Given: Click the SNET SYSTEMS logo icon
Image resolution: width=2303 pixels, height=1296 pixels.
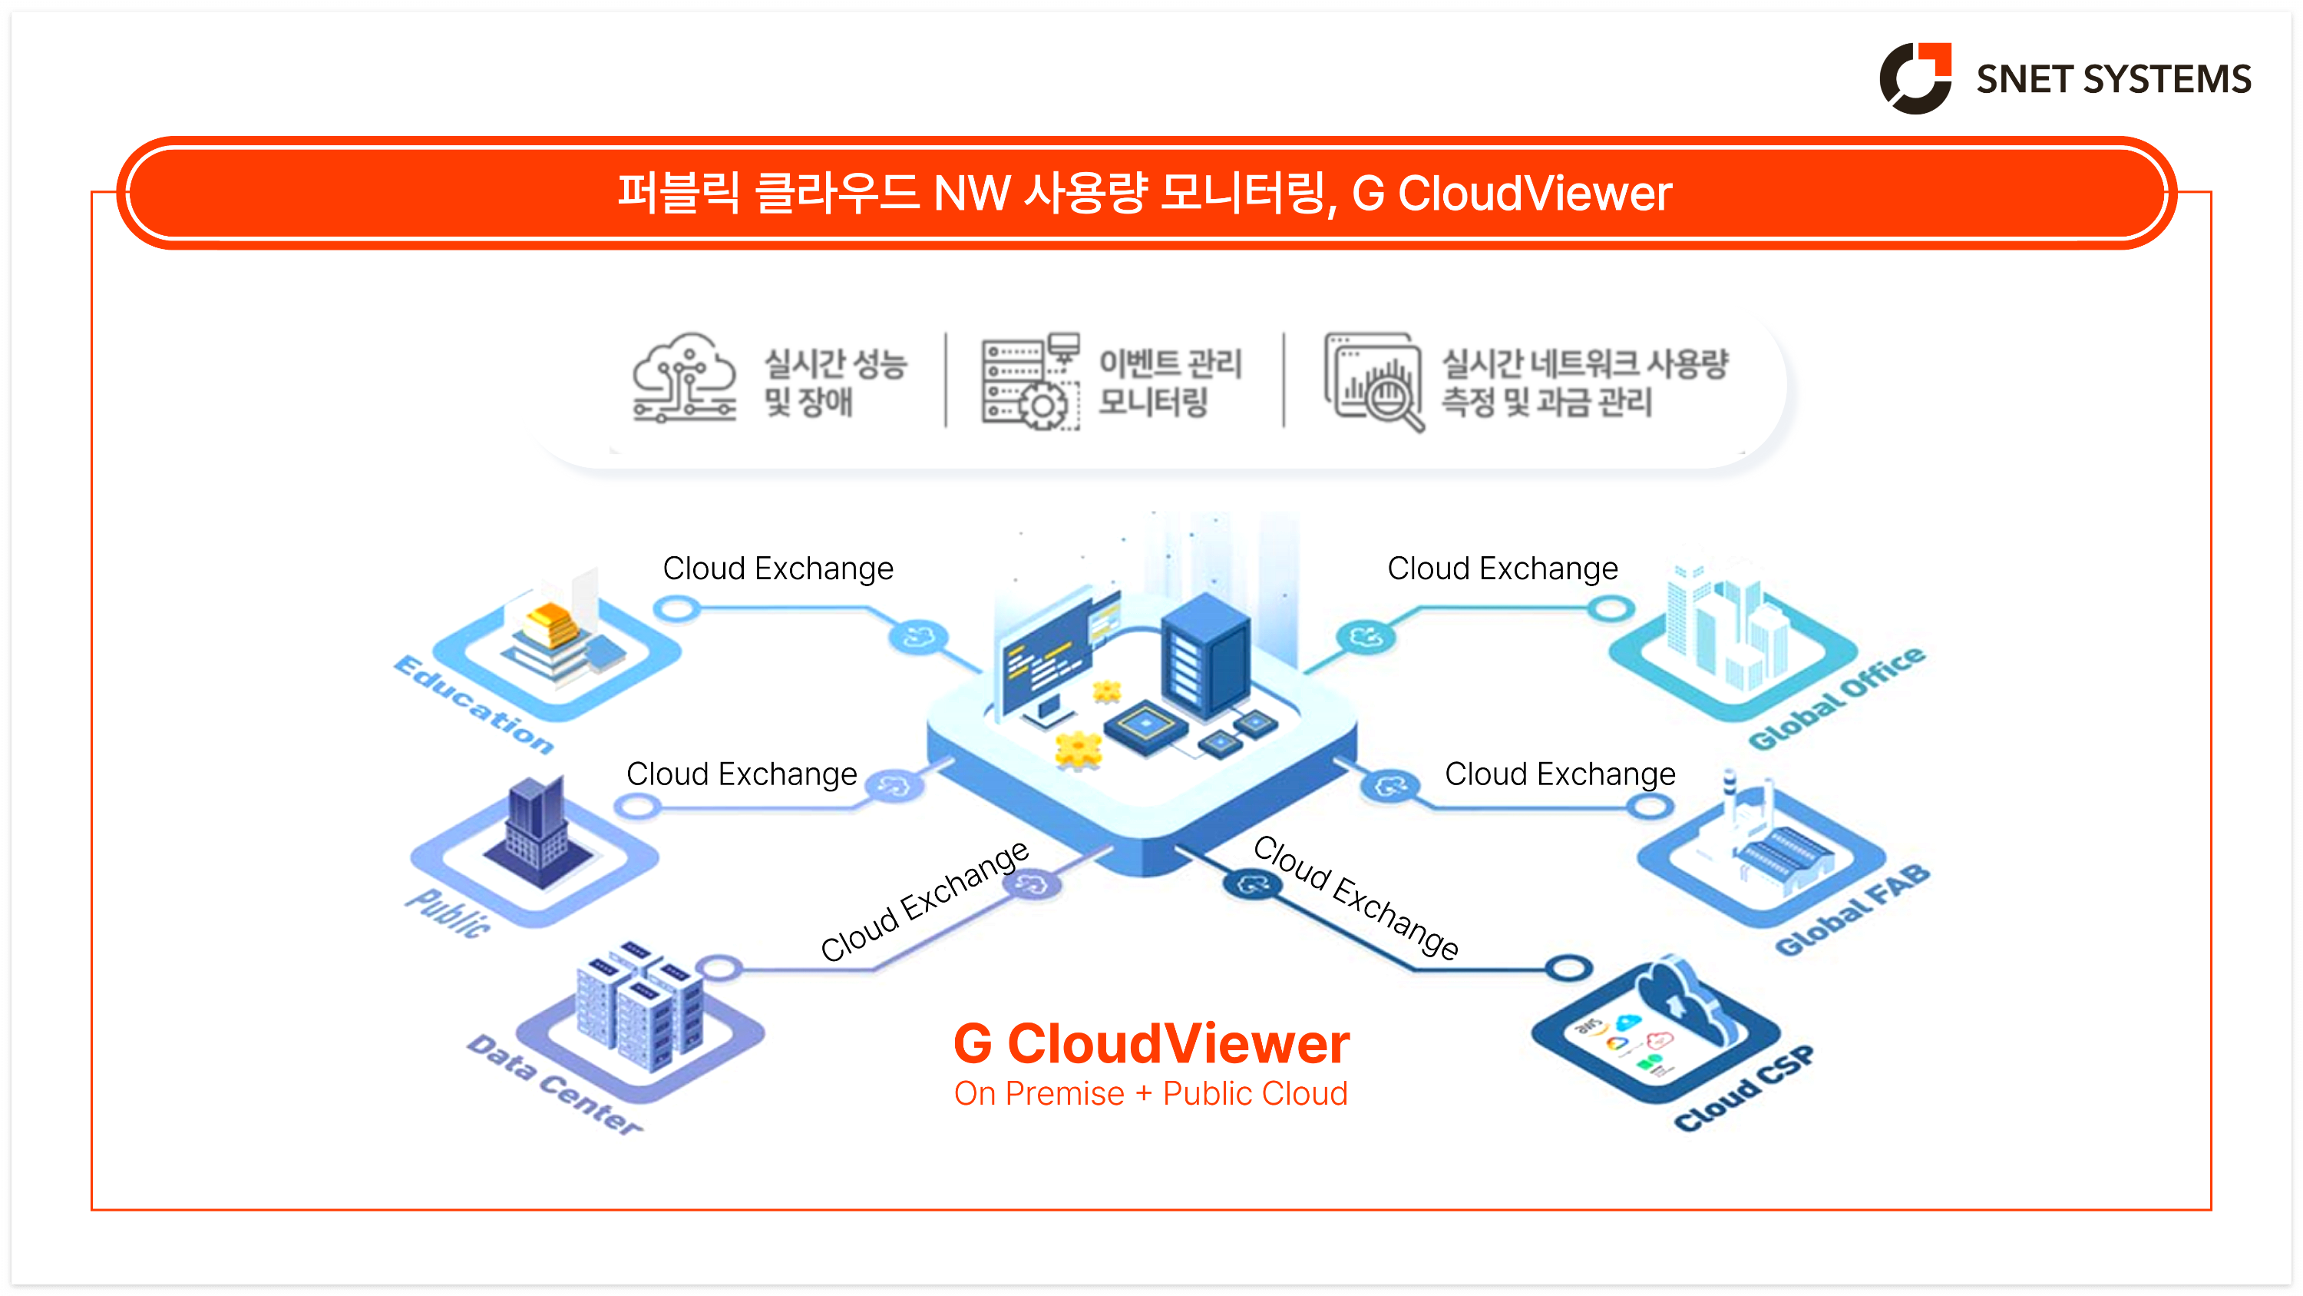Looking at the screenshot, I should [x=1916, y=78].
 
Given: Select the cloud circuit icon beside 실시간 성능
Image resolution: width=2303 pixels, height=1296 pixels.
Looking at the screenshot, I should [x=685, y=380].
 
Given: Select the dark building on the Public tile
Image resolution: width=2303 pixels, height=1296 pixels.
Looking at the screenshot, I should [x=537, y=832].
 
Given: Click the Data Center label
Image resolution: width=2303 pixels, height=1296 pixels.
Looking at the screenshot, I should [x=554, y=1085].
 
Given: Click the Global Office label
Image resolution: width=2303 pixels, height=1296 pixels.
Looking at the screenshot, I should [x=1836, y=698].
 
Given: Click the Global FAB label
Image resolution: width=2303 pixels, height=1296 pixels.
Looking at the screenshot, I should [x=1852, y=910].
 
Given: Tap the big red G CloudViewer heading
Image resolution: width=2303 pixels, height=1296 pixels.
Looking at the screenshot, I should [x=1151, y=1044].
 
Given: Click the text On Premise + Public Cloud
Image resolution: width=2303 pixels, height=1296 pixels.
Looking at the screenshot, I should [x=1151, y=1094].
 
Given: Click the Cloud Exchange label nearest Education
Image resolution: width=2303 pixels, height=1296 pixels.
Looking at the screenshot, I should [x=778, y=568].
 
